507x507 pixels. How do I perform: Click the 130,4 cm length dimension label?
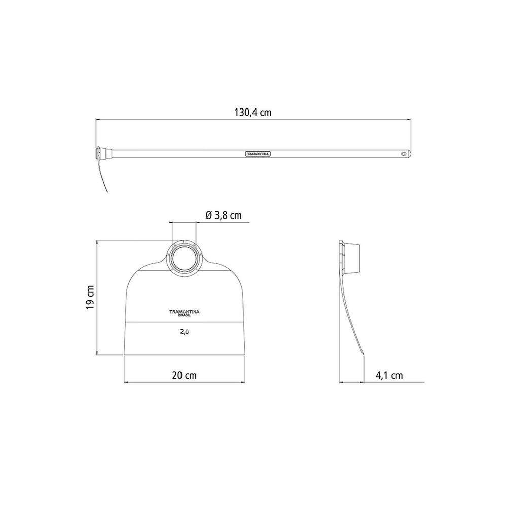pyautogui.click(x=253, y=112)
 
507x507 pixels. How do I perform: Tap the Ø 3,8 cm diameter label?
pyautogui.click(x=224, y=215)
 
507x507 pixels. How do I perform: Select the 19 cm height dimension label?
pyautogui.click(x=90, y=298)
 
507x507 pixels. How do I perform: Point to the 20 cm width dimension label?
pyautogui.click(x=185, y=375)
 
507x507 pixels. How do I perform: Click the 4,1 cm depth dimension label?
pyautogui.click(x=389, y=375)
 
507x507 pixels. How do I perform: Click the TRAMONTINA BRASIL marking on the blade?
pyautogui.click(x=185, y=313)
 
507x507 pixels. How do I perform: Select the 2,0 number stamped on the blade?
pyautogui.click(x=185, y=332)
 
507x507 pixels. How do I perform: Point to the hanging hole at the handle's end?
pyautogui.click(x=403, y=154)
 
